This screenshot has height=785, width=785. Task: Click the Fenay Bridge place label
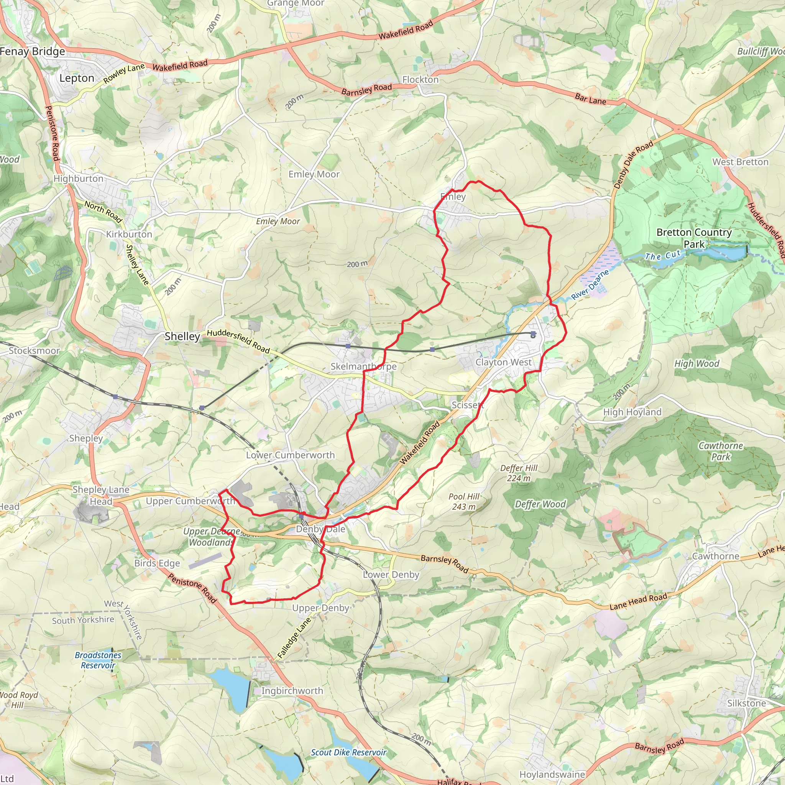click(x=33, y=52)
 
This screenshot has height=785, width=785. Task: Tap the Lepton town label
click(x=77, y=78)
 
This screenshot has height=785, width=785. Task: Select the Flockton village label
click(x=420, y=80)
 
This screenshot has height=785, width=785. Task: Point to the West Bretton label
click(x=740, y=162)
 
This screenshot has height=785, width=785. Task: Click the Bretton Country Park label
click(x=694, y=238)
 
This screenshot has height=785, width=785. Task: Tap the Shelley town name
click(x=182, y=337)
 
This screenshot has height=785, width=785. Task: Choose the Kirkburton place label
click(x=129, y=235)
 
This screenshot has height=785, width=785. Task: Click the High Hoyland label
click(x=632, y=412)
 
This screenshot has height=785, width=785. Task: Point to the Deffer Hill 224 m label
click(x=519, y=473)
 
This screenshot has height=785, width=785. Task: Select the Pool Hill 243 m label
click(x=464, y=501)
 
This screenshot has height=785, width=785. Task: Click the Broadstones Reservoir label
click(x=98, y=660)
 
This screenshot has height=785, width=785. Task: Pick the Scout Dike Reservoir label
click(x=349, y=752)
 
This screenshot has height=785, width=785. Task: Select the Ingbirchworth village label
click(x=292, y=691)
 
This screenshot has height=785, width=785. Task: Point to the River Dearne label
click(x=590, y=284)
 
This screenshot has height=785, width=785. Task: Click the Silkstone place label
click(x=746, y=703)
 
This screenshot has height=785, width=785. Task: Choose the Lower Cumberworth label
click(x=291, y=455)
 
